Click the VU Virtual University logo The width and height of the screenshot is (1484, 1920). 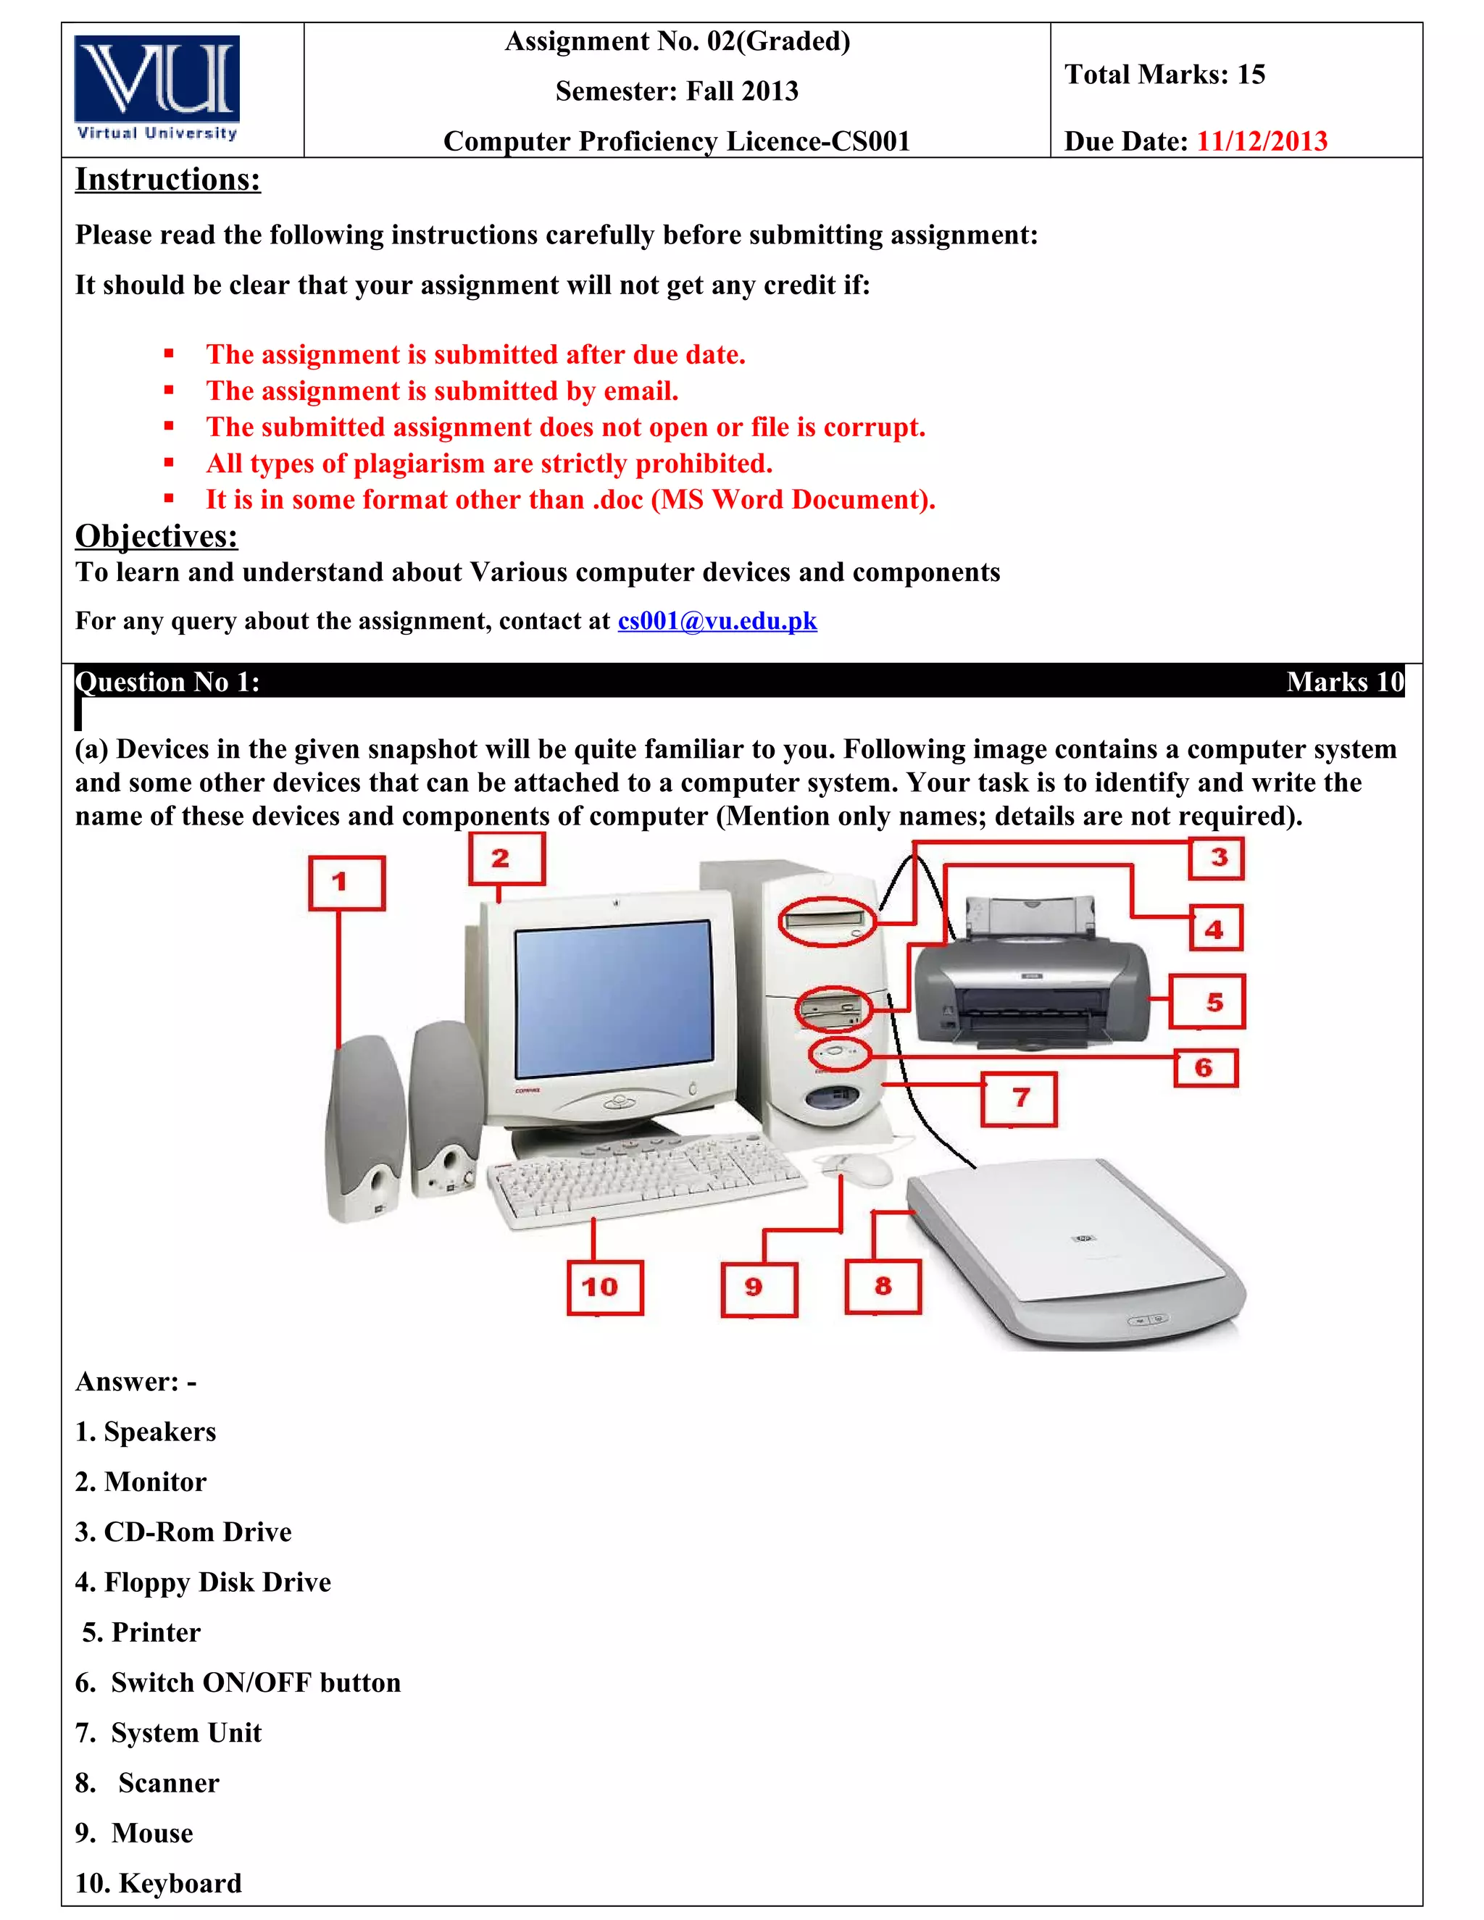(x=157, y=88)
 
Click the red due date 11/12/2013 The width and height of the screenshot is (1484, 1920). (x=1261, y=141)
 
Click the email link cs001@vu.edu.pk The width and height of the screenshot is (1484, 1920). (x=717, y=621)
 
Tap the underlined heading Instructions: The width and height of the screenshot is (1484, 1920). (x=167, y=180)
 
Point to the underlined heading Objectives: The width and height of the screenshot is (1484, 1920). (x=157, y=535)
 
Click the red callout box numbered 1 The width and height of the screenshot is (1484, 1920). (x=346, y=882)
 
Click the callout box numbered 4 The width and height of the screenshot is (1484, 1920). (x=1216, y=928)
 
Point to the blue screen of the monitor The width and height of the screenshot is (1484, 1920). (x=613, y=998)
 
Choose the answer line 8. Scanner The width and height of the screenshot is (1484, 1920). (x=147, y=1782)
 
